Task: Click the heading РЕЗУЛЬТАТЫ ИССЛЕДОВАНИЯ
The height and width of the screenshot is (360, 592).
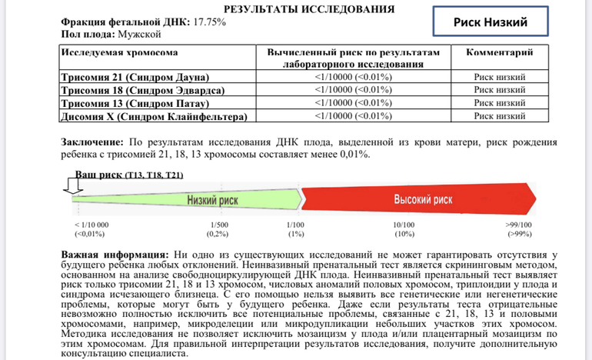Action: click(x=308, y=9)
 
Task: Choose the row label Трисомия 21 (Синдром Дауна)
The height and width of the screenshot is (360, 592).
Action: click(x=136, y=78)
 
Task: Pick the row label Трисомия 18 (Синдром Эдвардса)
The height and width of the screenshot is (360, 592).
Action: click(x=142, y=90)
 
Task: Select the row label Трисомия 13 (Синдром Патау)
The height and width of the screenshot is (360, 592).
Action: click(x=135, y=103)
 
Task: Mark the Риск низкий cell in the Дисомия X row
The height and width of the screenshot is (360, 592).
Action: click(x=499, y=116)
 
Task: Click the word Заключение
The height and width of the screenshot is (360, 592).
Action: click(x=91, y=142)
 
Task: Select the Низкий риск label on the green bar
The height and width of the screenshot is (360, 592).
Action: click(x=212, y=200)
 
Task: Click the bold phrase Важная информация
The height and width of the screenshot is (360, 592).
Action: click(x=115, y=254)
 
